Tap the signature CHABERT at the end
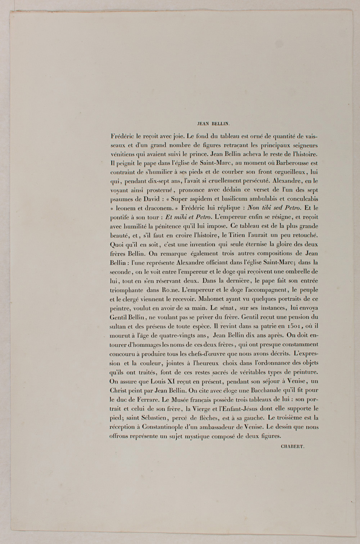293,446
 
